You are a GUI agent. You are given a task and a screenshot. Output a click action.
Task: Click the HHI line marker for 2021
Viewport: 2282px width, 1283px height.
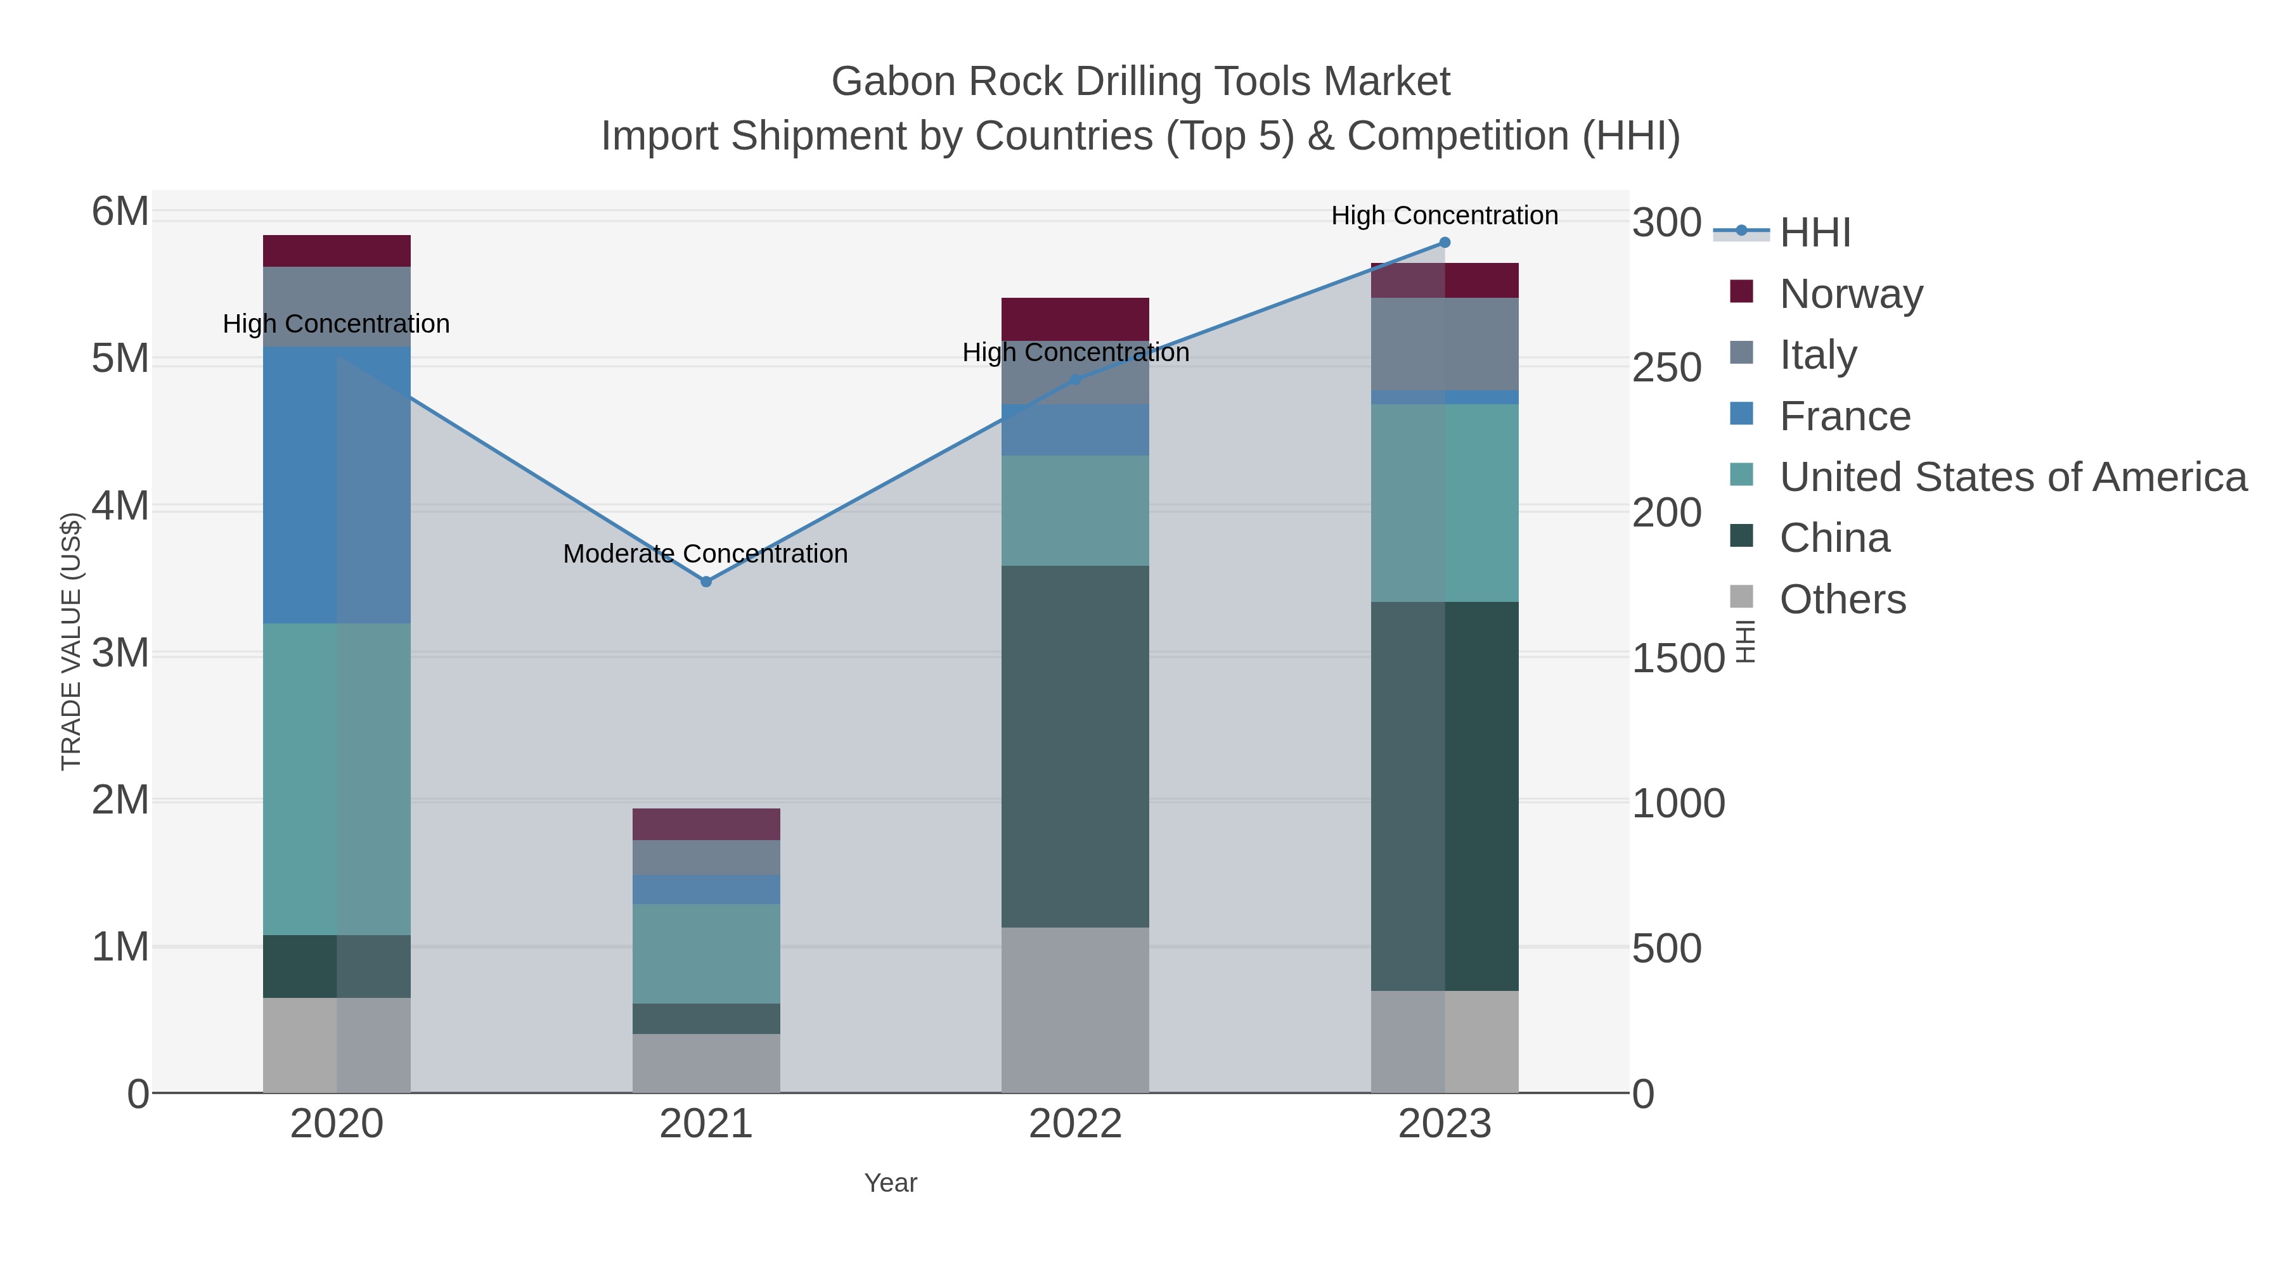706,582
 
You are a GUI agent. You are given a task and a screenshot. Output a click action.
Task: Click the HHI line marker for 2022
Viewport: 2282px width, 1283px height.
1076,380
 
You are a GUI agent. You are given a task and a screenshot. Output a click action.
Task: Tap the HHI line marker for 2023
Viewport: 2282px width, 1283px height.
1445,243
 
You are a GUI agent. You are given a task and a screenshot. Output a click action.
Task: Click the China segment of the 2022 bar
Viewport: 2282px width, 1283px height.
1076,746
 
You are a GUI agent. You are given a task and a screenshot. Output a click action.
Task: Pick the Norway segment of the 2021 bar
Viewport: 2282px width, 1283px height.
706,824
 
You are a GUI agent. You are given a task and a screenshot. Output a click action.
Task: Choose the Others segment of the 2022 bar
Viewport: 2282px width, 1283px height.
1076,1011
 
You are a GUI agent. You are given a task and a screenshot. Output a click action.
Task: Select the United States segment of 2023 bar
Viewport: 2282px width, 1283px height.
1445,503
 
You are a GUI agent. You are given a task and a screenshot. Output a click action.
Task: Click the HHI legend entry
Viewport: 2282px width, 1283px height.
1814,233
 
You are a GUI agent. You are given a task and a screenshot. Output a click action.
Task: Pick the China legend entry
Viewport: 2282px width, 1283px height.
1834,539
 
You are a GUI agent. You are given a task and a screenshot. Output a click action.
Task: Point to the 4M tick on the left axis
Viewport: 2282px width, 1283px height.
120,506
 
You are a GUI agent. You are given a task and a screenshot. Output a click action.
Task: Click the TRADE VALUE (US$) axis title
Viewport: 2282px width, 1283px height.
71,641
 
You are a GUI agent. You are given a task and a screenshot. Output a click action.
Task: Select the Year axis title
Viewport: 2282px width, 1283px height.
891,1183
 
